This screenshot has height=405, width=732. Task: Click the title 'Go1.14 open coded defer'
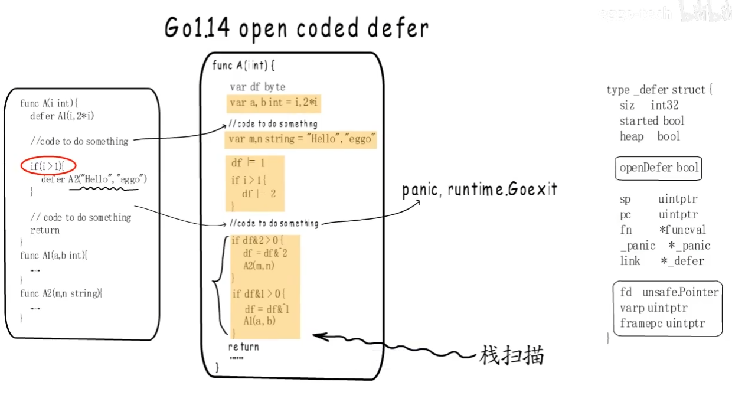click(296, 28)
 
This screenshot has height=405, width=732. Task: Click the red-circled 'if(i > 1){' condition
click(49, 166)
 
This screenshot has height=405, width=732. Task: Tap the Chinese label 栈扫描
click(511, 356)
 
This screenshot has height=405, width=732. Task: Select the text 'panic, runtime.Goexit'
click(479, 190)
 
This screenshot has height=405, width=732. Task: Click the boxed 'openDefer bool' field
click(659, 168)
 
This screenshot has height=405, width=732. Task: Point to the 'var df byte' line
click(257, 87)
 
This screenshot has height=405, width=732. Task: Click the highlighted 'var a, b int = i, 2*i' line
click(274, 103)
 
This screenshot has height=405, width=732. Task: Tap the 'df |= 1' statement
click(248, 164)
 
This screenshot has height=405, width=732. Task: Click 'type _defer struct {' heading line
click(659, 90)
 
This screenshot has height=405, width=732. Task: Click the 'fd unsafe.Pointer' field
click(669, 292)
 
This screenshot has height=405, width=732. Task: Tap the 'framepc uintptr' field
click(662, 324)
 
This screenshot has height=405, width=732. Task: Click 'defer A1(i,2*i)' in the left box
click(62, 116)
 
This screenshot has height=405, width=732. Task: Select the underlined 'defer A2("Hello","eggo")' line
click(94, 179)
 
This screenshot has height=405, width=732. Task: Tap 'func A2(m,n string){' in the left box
click(61, 293)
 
